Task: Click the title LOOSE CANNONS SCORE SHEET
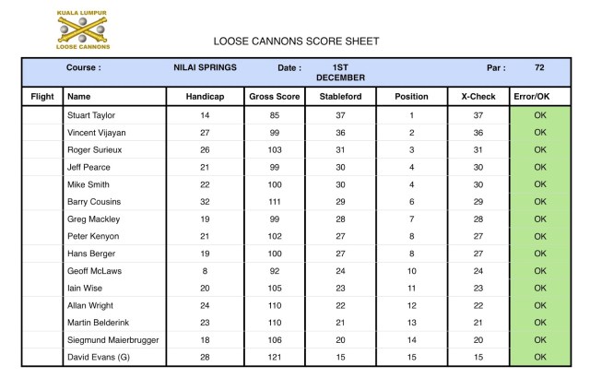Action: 296,41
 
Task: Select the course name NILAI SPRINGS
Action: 205,67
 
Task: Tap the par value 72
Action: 539,67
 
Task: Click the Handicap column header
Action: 205,96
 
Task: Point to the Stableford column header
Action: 340,96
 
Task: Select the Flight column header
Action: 42,96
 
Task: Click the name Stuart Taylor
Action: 96,115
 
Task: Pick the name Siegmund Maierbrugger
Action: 112,339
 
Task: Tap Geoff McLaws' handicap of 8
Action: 205,271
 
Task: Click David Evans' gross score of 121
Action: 275,357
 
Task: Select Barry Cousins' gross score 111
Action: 275,202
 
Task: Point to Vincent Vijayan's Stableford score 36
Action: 340,133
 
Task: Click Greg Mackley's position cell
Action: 411,219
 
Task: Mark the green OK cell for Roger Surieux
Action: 540,150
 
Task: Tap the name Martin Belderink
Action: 100,323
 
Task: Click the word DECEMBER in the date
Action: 340,77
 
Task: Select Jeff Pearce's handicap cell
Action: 205,168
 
